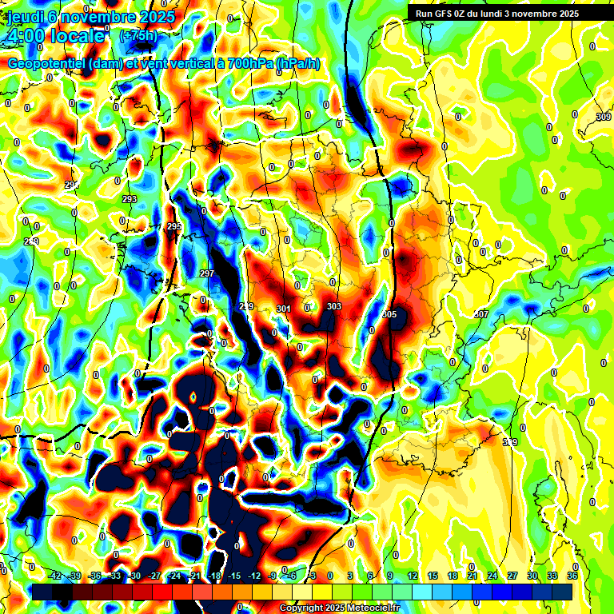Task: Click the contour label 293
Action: click(x=130, y=199)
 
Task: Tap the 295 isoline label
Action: click(x=174, y=227)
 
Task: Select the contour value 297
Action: click(x=206, y=274)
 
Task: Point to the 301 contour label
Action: click(x=283, y=309)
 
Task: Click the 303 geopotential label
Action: click(x=334, y=306)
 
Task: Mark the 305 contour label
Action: click(x=389, y=314)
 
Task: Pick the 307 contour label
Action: click(x=480, y=314)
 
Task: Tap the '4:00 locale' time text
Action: click(x=56, y=36)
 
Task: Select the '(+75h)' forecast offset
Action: click(x=138, y=36)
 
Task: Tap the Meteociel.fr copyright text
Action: click(x=339, y=608)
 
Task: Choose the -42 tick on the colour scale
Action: click(x=55, y=576)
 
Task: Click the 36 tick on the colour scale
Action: click(x=572, y=576)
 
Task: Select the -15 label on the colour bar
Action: click(x=234, y=576)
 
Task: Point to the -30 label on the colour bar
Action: click(x=135, y=576)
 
